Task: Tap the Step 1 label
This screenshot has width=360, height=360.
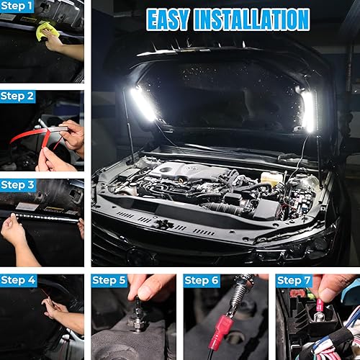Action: (x=17, y=6)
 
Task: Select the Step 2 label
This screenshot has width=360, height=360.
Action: (x=17, y=96)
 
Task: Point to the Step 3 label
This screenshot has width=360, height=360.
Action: (x=17, y=185)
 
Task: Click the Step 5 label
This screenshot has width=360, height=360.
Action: (x=109, y=280)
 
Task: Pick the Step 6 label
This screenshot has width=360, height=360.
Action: (x=201, y=280)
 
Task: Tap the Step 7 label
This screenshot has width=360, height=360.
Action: (x=293, y=280)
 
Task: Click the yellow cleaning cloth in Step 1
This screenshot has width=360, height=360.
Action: (x=46, y=30)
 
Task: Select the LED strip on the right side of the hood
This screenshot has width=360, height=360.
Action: (x=309, y=110)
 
